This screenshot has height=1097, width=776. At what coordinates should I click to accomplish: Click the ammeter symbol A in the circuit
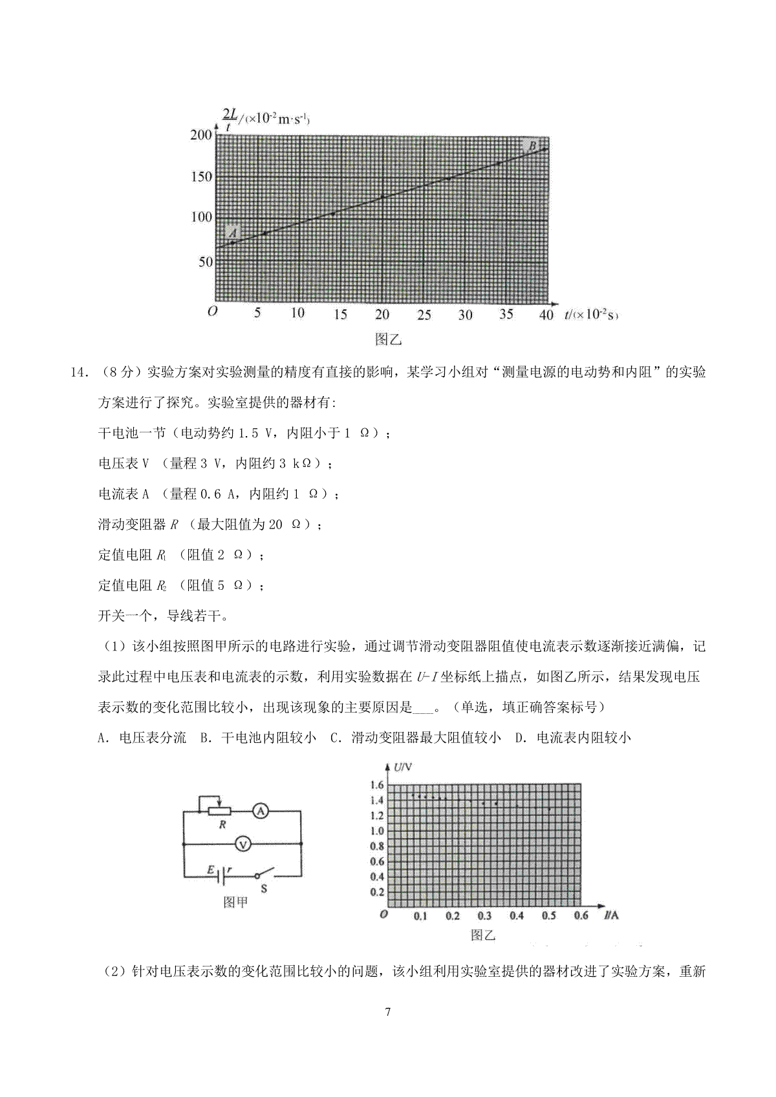click(x=259, y=811)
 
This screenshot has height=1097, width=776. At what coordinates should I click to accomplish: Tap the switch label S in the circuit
click(x=264, y=888)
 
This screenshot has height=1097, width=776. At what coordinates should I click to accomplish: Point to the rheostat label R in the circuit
click(x=223, y=824)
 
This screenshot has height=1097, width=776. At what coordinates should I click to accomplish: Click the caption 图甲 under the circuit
click(x=235, y=902)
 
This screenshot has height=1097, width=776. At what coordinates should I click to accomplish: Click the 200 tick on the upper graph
click(x=201, y=135)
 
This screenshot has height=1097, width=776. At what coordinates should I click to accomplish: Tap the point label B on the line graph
click(x=533, y=147)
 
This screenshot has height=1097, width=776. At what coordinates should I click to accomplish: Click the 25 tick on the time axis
click(x=424, y=315)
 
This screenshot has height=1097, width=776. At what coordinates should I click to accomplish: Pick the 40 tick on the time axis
click(x=546, y=315)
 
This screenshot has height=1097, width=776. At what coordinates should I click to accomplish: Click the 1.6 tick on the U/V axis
click(x=377, y=785)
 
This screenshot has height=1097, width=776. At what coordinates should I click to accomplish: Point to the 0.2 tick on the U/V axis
click(x=377, y=892)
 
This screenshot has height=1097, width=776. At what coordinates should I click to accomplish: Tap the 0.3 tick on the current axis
click(x=484, y=915)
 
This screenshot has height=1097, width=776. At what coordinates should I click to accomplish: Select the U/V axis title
click(x=402, y=768)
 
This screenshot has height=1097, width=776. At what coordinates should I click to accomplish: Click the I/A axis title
click(x=611, y=915)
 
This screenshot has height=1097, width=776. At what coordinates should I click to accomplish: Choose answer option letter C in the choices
click(x=334, y=738)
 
